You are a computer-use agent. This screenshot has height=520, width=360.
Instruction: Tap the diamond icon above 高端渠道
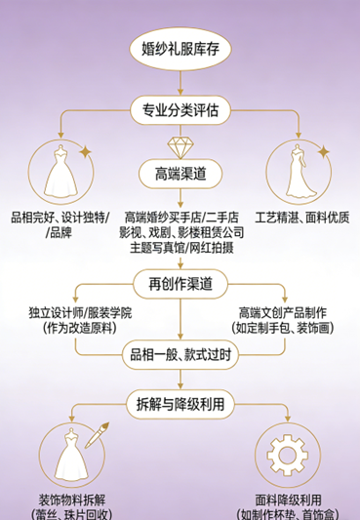pos(180,148)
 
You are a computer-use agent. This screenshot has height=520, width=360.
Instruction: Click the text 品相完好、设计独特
pos(60,218)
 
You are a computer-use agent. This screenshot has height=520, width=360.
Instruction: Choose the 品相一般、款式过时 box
pos(180,356)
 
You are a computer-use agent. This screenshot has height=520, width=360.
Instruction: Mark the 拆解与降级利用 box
pos(180,401)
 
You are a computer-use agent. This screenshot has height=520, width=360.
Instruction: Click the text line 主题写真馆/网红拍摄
pos(180,248)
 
